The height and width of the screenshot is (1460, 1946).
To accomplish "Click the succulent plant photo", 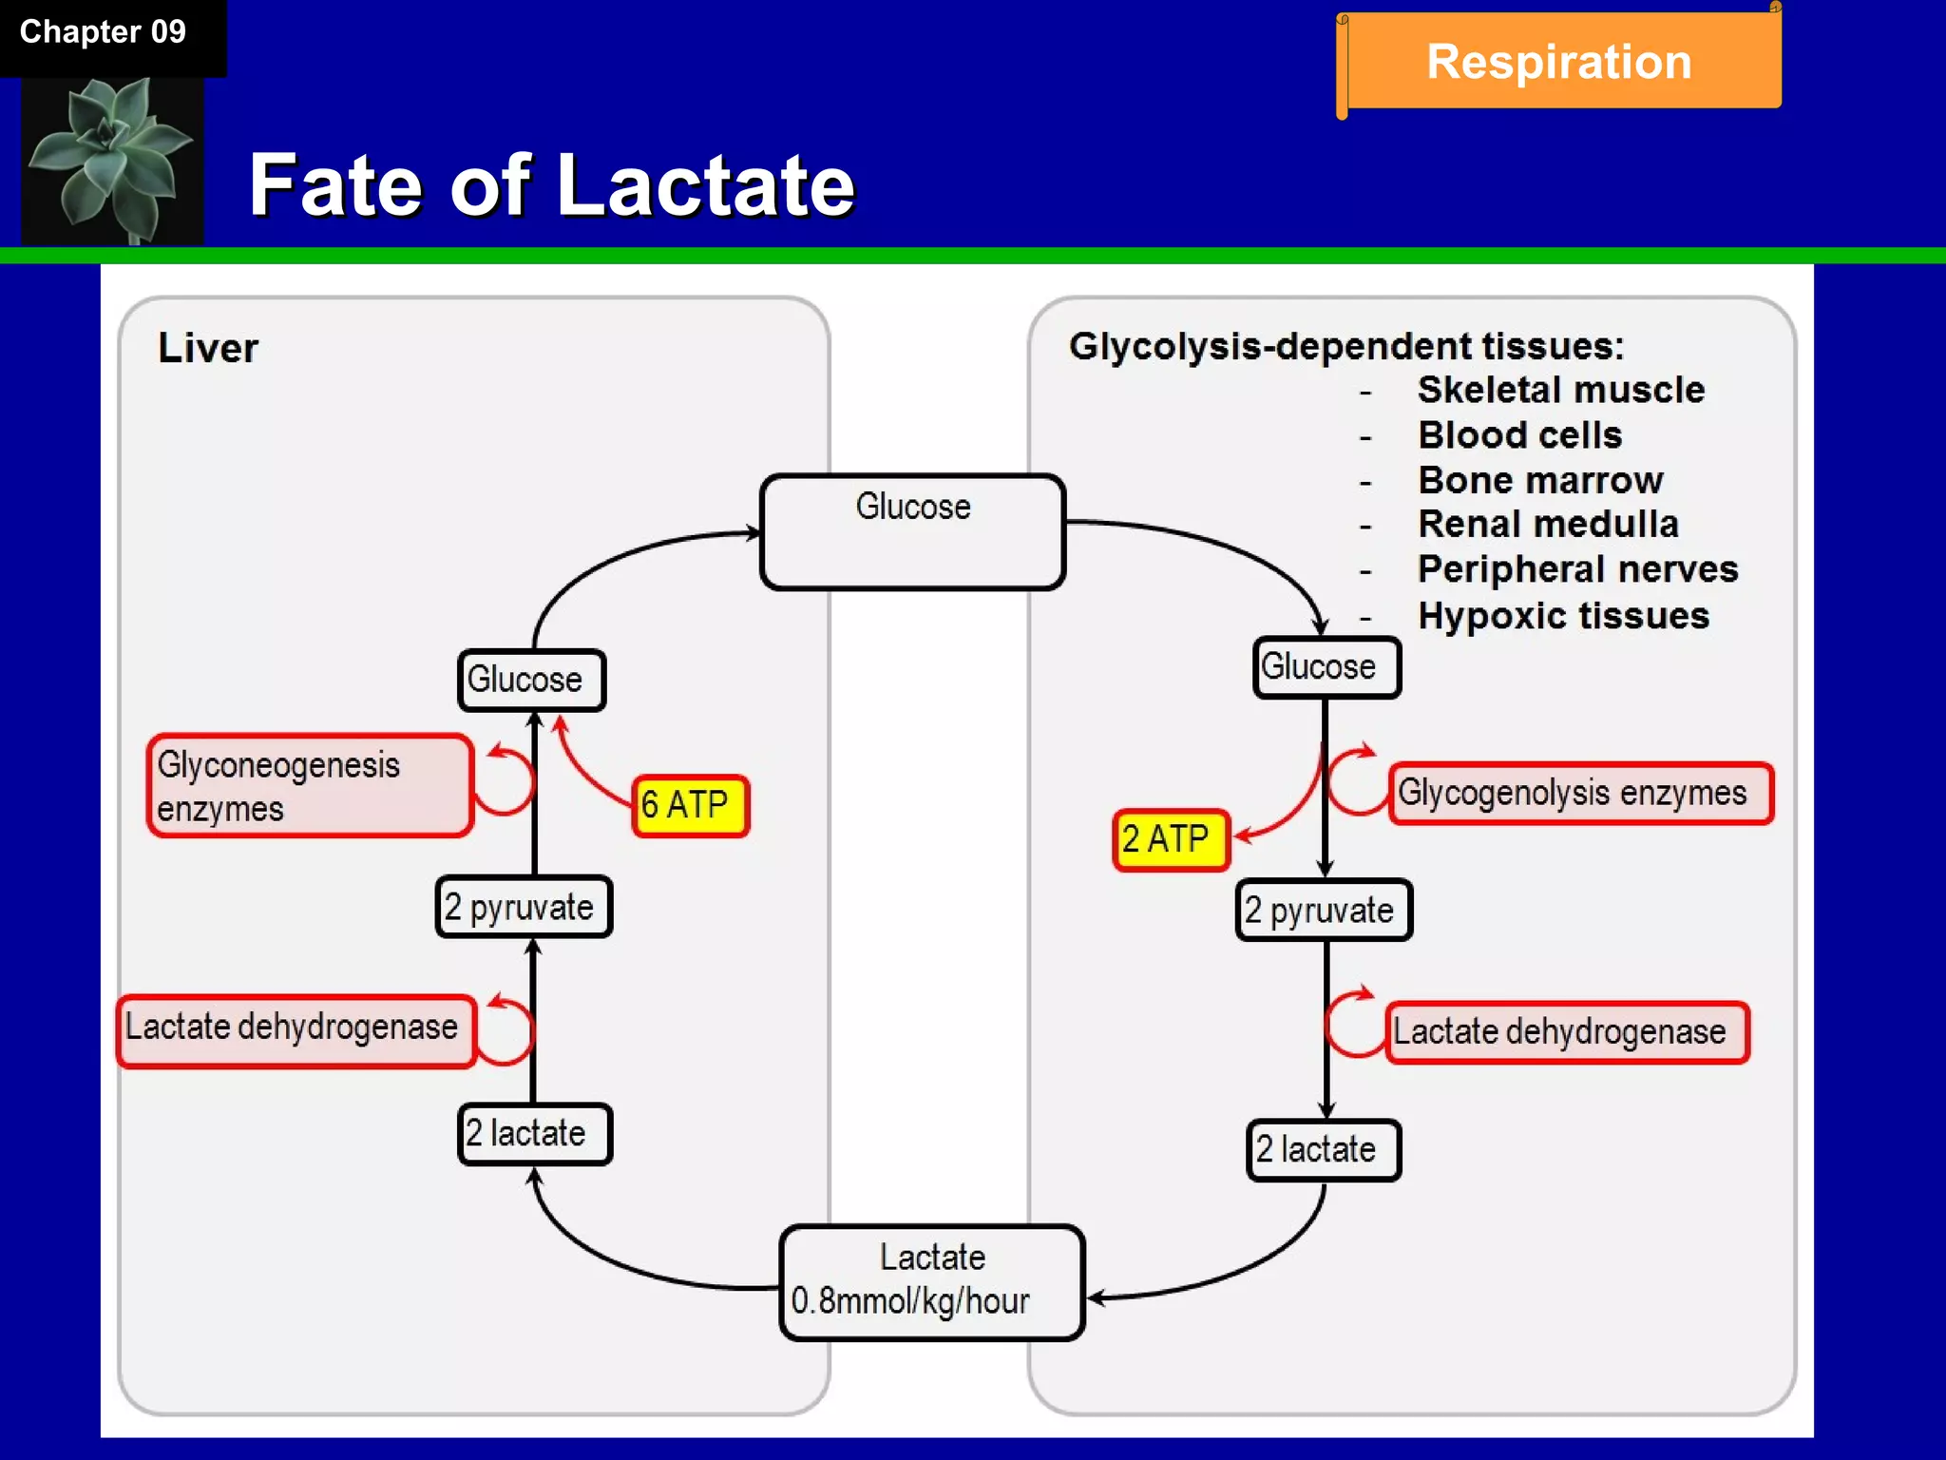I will pyautogui.click(x=112, y=160).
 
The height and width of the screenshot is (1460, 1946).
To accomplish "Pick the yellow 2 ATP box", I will pyautogui.click(x=1170, y=839).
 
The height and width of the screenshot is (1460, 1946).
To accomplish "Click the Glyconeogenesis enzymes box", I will pyautogui.click(x=309, y=786).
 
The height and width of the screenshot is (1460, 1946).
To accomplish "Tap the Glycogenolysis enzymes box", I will pyautogui.click(x=1579, y=793).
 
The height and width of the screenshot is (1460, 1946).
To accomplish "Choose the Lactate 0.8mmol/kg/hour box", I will pyautogui.click(x=931, y=1281).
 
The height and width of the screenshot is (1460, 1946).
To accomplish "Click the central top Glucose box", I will pyautogui.click(x=912, y=531).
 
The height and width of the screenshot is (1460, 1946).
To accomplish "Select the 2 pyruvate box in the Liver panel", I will pyautogui.click(x=523, y=907).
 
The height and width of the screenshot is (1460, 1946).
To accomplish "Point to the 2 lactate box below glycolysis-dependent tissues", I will pyautogui.click(x=1323, y=1150).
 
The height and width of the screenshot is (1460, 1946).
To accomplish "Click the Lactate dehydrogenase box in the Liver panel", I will pyautogui.click(x=296, y=1029).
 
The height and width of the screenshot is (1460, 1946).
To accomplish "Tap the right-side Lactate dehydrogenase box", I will pyautogui.click(x=1565, y=1032).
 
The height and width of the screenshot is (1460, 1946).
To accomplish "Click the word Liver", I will pyautogui.click(x=208, y=348).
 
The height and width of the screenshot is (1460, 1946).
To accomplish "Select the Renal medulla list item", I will pyautogui.click(x=1548, y=525).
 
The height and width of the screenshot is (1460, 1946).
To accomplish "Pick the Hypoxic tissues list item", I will pyautogui.click(x=1563, y=616).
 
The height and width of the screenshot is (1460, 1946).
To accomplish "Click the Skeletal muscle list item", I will pyautogui.click(x=1560, y=391).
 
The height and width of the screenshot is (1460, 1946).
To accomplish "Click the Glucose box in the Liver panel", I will pyautogui.click(x=530, y=681).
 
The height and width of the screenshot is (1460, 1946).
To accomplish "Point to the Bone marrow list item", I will pyautogui.click(x=1540, y=481).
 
